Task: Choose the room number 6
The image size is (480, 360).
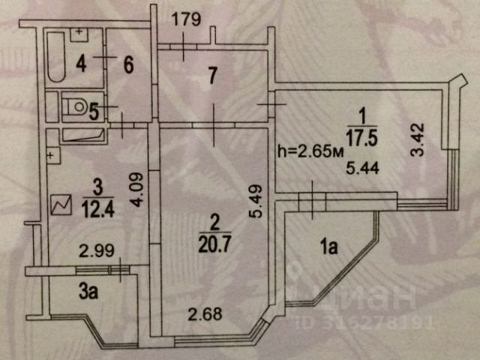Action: tap(128, 65)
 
